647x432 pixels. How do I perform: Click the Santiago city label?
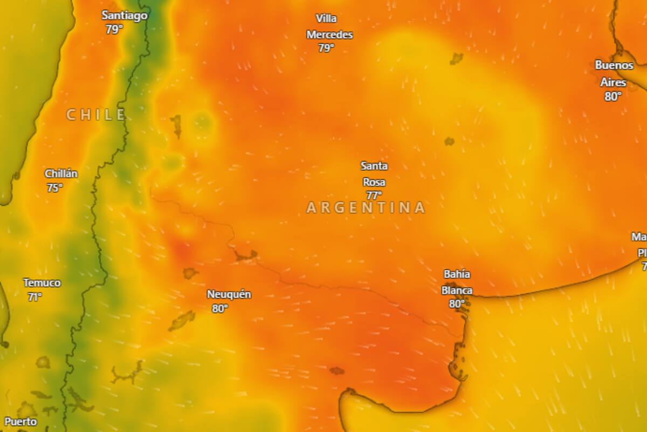point(125,16)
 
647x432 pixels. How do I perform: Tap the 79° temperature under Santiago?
point(114,29)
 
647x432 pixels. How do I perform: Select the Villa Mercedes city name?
point(329,26)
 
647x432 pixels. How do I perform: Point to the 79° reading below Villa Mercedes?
point(326,48)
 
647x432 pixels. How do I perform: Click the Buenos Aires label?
point(614,73)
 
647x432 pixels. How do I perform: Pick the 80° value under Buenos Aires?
point(613,97)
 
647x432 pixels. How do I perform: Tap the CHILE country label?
point(96,114)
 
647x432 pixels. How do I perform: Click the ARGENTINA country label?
point(366,208)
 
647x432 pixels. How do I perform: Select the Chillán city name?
point(61,174)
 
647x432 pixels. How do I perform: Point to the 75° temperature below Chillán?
point(54,188)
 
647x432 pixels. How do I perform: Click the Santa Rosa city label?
point(374,174)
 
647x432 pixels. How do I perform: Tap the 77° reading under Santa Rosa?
point(374,195)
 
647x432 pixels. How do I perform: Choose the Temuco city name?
point(42,283)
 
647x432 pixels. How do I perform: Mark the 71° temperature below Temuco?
point(35,296)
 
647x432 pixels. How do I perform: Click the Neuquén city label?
point(229,295)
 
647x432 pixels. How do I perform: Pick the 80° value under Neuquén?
point(220,308)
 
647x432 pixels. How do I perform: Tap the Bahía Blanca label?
point(457,282)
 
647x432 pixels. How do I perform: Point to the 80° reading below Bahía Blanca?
point(457,303)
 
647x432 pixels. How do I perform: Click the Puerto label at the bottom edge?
point(20,422)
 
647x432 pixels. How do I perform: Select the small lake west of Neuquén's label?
point(190,273)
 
